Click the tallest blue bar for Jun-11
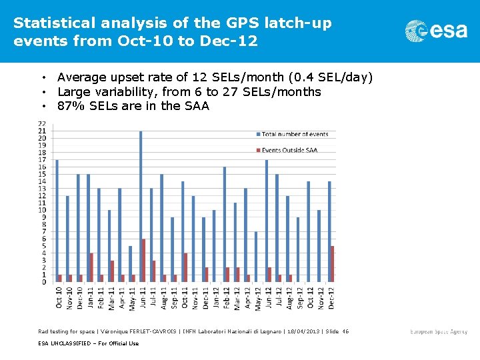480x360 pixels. pyautogui.click(x=141, y=207)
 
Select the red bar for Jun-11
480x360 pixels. pyautogui.click(x=144, y=261)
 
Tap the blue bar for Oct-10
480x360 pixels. pyautogui.click(x=57, y=221)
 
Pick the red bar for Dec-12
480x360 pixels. pyautogui.click(x=332, y=264)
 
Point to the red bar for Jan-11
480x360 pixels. pyautogui.click(x=91, y=267)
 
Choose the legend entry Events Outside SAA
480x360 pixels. pyautogui.click(x=289, y=150)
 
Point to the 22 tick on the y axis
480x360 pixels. pyautogui.click(x=42, y=124)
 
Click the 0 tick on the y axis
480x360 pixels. pyautogui.click(x=44, y=282)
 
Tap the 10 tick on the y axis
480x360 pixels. pyautogui.click(x=42, y=210)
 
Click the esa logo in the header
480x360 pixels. pyautogui.click(x=436, y=30)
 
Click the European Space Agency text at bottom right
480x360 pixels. pyautogui.click(x=439, y=332)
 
